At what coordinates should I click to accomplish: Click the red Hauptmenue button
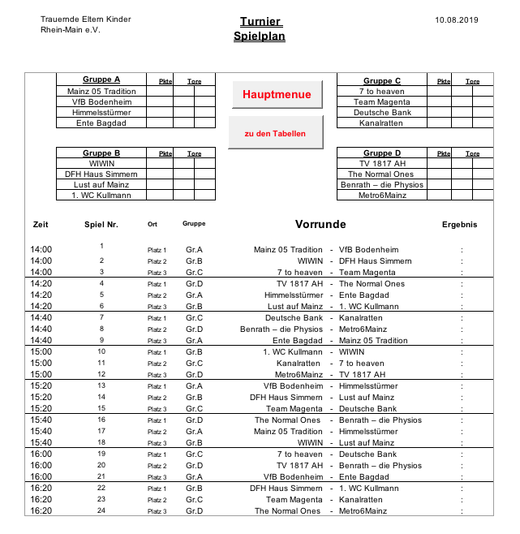tap(277, 95)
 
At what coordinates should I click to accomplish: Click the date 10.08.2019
tap(457, 19)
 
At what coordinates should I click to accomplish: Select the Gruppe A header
tap(101, 80)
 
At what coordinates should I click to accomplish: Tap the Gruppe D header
tap(382, 153)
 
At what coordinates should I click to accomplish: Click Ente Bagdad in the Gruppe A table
tap(101, 123)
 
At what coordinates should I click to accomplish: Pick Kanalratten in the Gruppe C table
tap(382, 123)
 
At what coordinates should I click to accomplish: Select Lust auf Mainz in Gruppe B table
tap(101, 184)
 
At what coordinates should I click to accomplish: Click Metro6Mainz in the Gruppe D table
tap(382, 195)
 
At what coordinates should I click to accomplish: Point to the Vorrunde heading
tap(320, 225)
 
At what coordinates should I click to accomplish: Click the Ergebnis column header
tap(459, 225)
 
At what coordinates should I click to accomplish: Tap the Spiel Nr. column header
tap(101, 225)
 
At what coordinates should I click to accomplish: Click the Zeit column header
tap(41, 225)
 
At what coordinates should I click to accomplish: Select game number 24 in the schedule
tap(101, 510)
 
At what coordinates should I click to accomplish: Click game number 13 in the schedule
tap(101, 385)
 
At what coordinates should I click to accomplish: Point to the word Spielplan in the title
tap(260, 37)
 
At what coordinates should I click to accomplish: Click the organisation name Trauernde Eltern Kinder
tap(85, 19)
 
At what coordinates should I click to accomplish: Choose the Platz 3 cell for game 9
tap(157, 341)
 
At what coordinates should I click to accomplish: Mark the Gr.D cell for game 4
tap(194, 284)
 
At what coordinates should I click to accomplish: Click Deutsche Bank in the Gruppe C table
tap(382, 112)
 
